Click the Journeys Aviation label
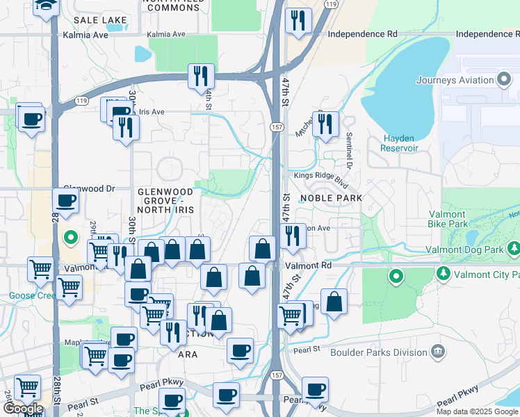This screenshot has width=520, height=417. [x=455, y=80]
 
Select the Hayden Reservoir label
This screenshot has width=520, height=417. [x=400, y=143]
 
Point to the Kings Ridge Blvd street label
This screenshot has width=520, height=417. [x=320, y=176]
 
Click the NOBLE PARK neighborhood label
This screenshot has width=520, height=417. [x=331, y=198]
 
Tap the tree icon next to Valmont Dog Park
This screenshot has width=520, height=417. [x=514, y=247]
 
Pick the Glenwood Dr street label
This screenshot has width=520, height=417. [x=89, y=188]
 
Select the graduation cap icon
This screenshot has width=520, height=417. [x=47, y=6]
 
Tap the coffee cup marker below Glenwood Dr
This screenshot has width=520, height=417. [x=66, y=202]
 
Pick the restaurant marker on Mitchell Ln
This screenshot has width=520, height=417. [x=325, y=124]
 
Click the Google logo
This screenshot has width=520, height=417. [x=23, y=409]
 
